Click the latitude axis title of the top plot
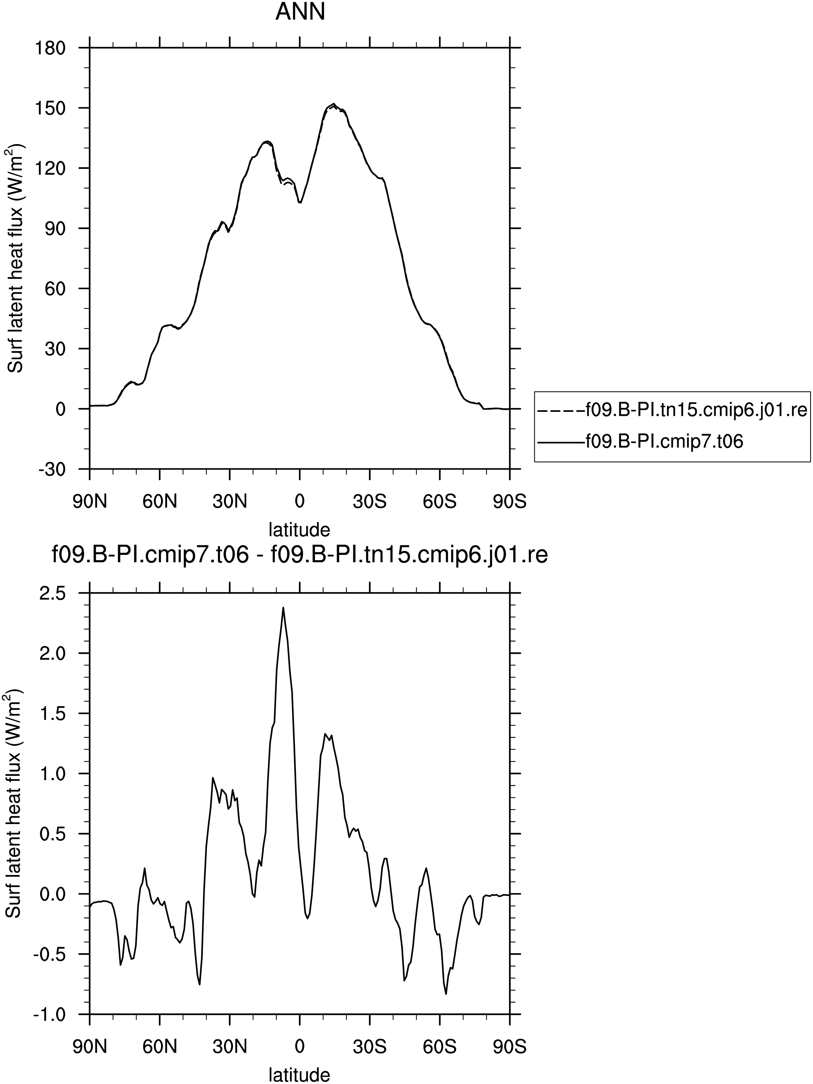(x=300, y=530)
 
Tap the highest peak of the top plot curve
(x=333, y=104)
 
